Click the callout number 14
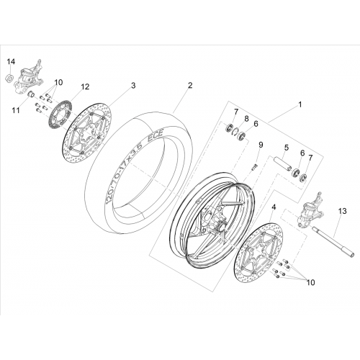click(x=11, y=62)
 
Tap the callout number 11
click(x=17, y=111)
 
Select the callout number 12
click(x=85, y=86)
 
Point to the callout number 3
click(x=133, y=85)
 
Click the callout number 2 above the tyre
click(x=190, y=85)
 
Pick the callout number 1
click(x=300, y=104)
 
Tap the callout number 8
click(x=246, y=119)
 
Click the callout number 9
click(x=261, y=145)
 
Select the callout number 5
click(x=287, y=148)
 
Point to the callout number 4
click(x=274, y=207)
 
